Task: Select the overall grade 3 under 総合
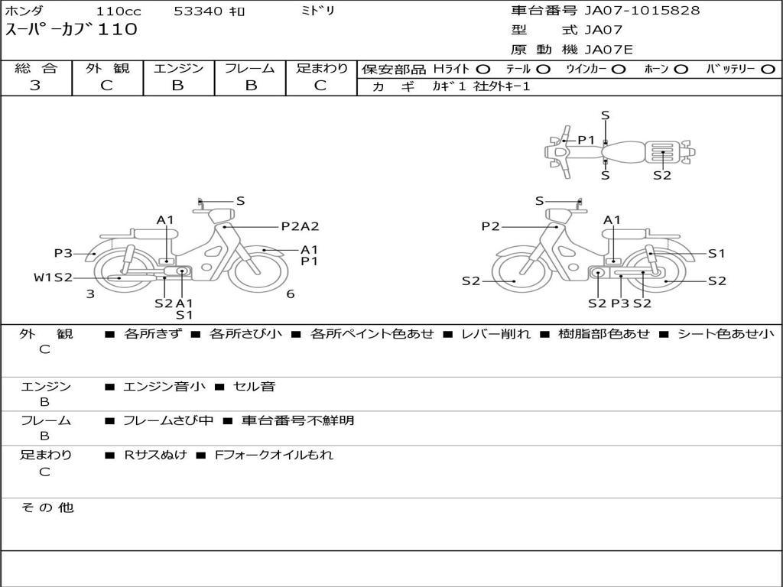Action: (x=35, y=86)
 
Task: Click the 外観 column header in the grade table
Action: (x=107, y=68)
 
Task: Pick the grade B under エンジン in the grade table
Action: (x=177, y=86)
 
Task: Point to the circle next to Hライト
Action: (x=483, y=70)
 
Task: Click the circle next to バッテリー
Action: (x=768, y=70)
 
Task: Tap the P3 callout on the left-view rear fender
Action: (x=63, y=253)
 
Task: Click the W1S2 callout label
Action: (x=54, y=277)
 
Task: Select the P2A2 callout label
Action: (x=300, y=226)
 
